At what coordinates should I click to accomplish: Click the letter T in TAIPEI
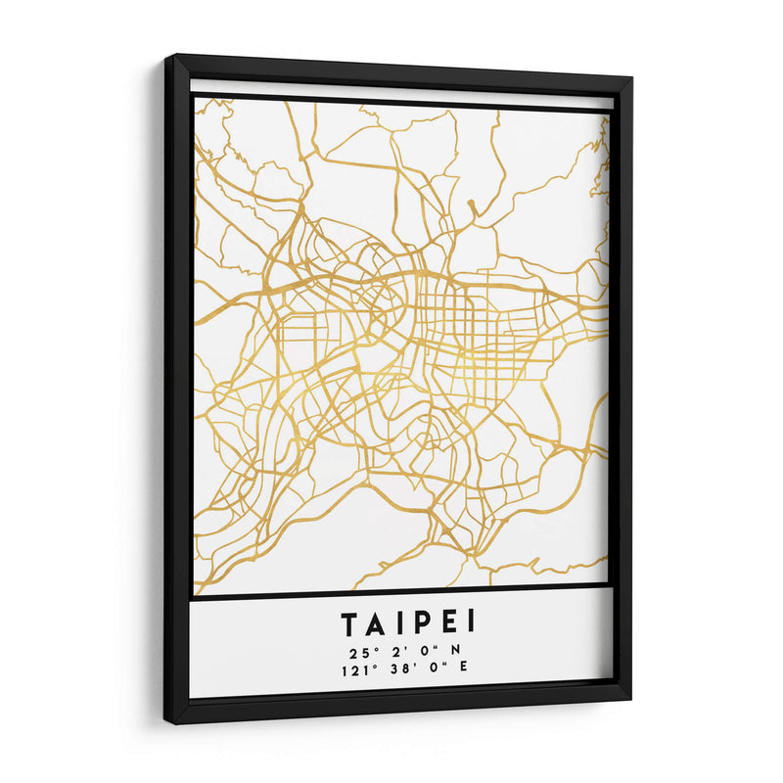[x=349, y=622]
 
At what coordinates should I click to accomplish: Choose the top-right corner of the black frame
[x=630, y=77]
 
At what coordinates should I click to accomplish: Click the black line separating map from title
[x=401, y=590]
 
